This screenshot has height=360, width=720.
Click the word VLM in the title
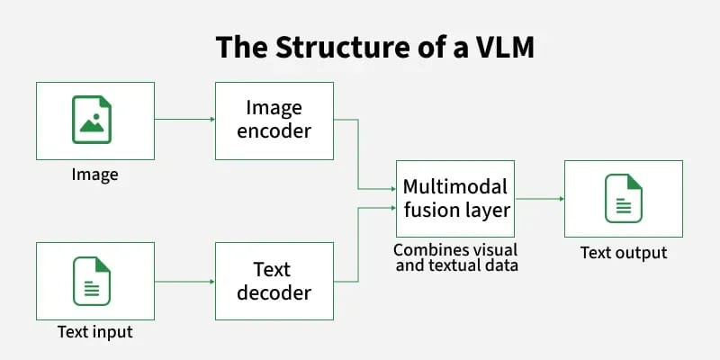point(499,47)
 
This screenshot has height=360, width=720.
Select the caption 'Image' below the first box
point(94,174)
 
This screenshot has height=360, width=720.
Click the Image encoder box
point(274,120)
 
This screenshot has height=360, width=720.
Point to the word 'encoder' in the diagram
point(274,131)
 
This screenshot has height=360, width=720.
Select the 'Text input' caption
point(94,332)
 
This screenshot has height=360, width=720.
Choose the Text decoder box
point(274,280)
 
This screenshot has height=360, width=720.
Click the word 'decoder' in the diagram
point(274,292)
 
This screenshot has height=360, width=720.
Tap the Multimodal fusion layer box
point(454,199)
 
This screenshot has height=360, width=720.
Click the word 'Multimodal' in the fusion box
point(454,187)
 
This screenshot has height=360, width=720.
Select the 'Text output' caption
point(623,252)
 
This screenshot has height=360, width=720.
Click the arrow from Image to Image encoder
point(184,119)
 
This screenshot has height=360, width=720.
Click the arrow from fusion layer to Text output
point(538,199)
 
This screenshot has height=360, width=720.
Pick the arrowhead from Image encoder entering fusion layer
point(391,189)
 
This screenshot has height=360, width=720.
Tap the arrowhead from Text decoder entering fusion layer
point(391,209)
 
